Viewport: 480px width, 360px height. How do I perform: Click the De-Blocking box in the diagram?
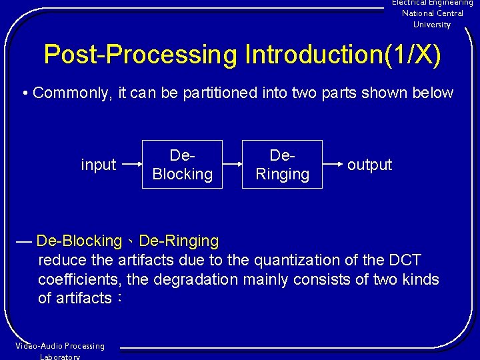(182, 165)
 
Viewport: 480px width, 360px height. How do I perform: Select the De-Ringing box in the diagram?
(282, 165)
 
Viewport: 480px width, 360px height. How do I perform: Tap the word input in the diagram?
(98, 165)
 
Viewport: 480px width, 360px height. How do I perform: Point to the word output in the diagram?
(369, 165)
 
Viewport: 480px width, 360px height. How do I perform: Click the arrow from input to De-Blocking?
(131, 164)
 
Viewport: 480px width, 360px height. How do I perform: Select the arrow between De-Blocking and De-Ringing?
(232, 164)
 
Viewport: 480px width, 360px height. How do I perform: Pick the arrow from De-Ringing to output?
(333, 164)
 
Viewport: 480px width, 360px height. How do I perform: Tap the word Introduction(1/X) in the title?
(343, 55)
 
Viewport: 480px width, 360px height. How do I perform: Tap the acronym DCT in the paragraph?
(405, 260)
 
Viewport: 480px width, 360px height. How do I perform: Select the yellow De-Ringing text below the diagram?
(179, 241)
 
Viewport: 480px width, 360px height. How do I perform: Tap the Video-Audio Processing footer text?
(60, 346)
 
